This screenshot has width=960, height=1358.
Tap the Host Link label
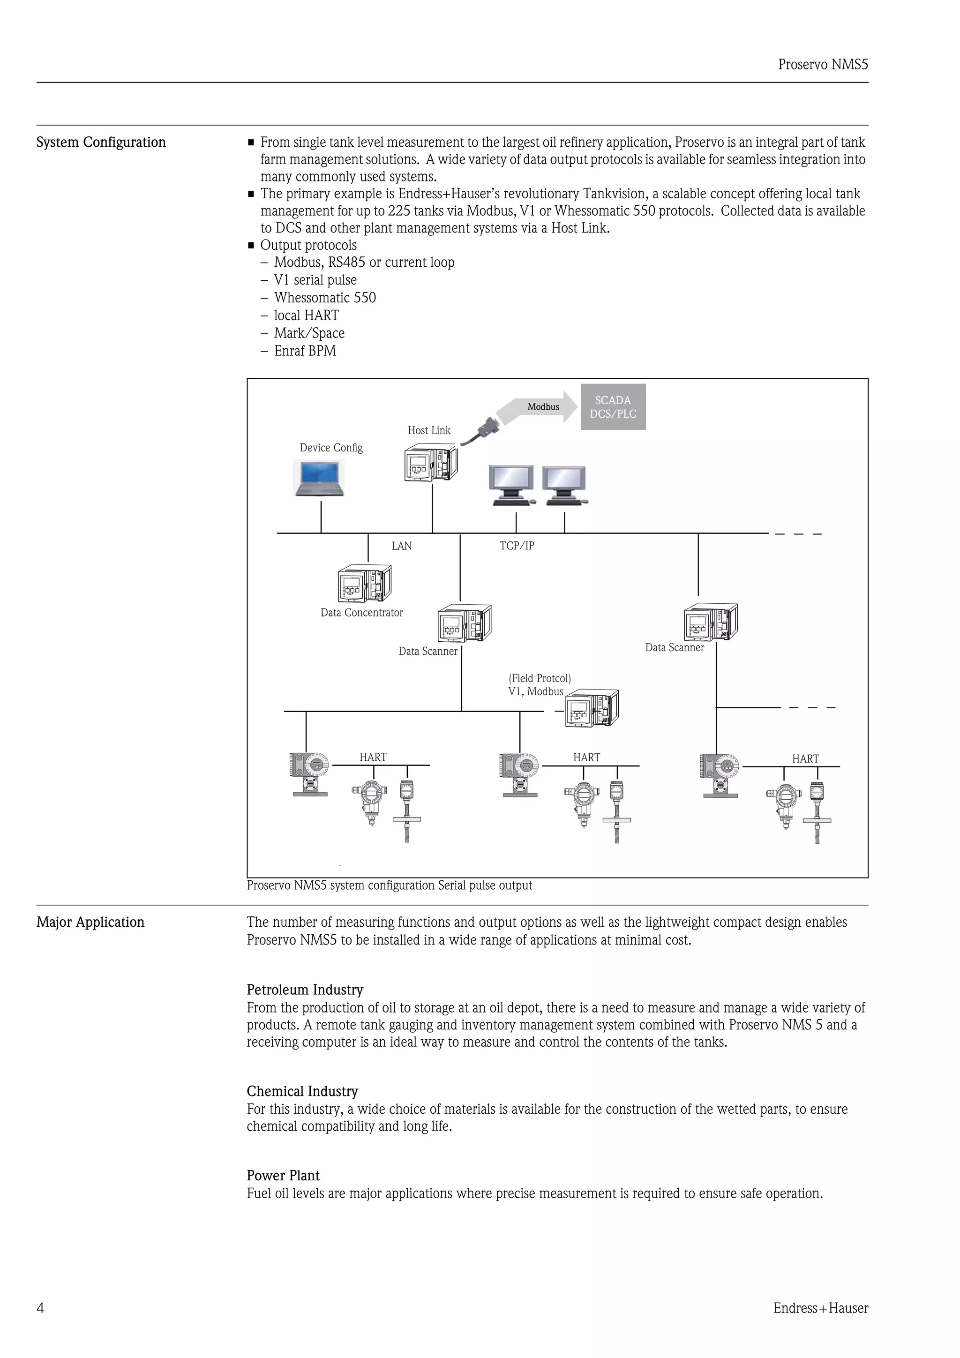pyautogui.click(x=429, y=431)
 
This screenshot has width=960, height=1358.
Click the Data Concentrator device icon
pyautogui.click(x=364, y=583)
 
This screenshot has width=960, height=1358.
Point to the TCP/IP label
pyautogui.click(x=517, y=546)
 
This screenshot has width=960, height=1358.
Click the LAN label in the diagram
pyautogui.click(x=402, y=546)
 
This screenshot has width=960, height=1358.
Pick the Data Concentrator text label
pyautogui.click(x=361, y=613)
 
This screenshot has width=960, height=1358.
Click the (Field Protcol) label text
pyautogui.click(x=540, y=678)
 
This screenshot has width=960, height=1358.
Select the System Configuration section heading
pyautogui.click(x=101, y=143)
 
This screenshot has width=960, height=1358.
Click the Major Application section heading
pyautogui.click(x=90, y=922)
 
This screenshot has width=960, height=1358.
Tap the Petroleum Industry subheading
pyautogui.click(x=305, y=990)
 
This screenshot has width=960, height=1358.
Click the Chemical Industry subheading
pyautogui.click(x=302, y=1091)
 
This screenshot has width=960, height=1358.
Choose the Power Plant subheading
pyautogui.click(x=283, y=1175)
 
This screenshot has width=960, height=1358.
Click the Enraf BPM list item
pyautogui.click(x=305, y=351)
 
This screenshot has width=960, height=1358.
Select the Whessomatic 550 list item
pyautogui.click(x=325, y=298)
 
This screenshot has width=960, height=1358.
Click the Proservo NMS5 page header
pyautogui.click(x=823, y=65)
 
